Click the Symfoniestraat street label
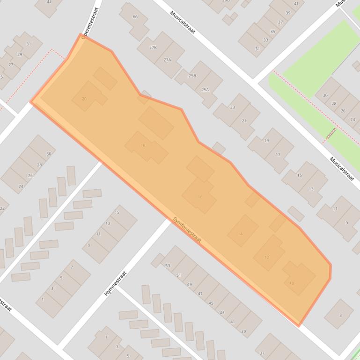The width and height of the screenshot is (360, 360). coord(187,229)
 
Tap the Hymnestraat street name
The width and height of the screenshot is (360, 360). coord(116,283)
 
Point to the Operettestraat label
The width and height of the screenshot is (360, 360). coord(91,23)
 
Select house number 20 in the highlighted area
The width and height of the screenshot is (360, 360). coord(84,99)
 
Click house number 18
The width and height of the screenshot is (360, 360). coord(143,146)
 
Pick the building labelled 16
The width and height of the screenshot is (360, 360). coord(200,197)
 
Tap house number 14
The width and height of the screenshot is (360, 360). coord(241,234)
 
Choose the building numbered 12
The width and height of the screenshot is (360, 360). coord(267,257)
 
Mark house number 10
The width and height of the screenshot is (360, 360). coord(292,283)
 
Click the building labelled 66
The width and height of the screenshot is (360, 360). coord(135,17)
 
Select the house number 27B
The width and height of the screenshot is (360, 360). coord(153,48)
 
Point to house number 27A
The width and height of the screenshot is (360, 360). coord(167,60)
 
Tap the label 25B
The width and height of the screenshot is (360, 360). coord(192,75)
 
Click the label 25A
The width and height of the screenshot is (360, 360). coord(205,89)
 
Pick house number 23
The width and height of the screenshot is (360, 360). coord(233,108)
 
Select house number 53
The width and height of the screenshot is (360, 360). coord(167,266)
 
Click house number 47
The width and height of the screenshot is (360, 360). coord(200,294)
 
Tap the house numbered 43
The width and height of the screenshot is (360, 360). coord(222,312)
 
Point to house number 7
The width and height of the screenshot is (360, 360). coord(72,267)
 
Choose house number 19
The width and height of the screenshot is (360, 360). coord(266,141)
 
